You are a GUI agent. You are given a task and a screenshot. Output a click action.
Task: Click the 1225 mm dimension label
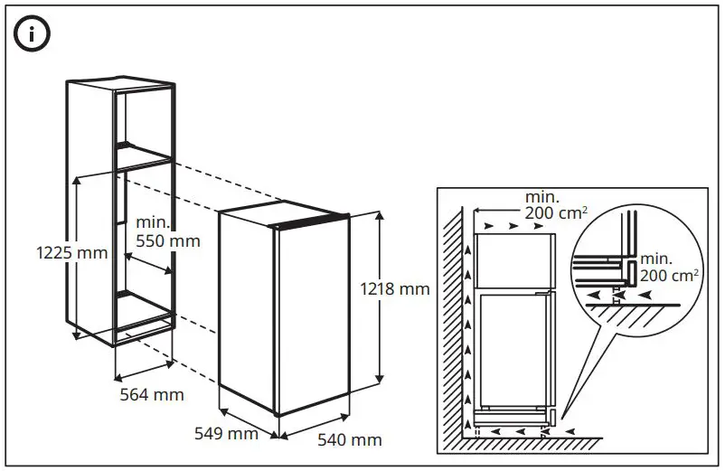pos(71,252)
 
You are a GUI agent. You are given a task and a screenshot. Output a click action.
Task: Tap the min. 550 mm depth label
pos(167,232)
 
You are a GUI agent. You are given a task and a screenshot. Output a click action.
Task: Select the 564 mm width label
pos(152,394)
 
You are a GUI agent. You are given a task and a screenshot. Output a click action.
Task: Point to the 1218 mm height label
pos(394,289)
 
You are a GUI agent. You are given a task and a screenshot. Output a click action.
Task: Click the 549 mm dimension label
pos(226,433)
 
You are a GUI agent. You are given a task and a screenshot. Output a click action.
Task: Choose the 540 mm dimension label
pos(349,440)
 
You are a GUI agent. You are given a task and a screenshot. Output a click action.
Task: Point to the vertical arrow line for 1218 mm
pos(380,298)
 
